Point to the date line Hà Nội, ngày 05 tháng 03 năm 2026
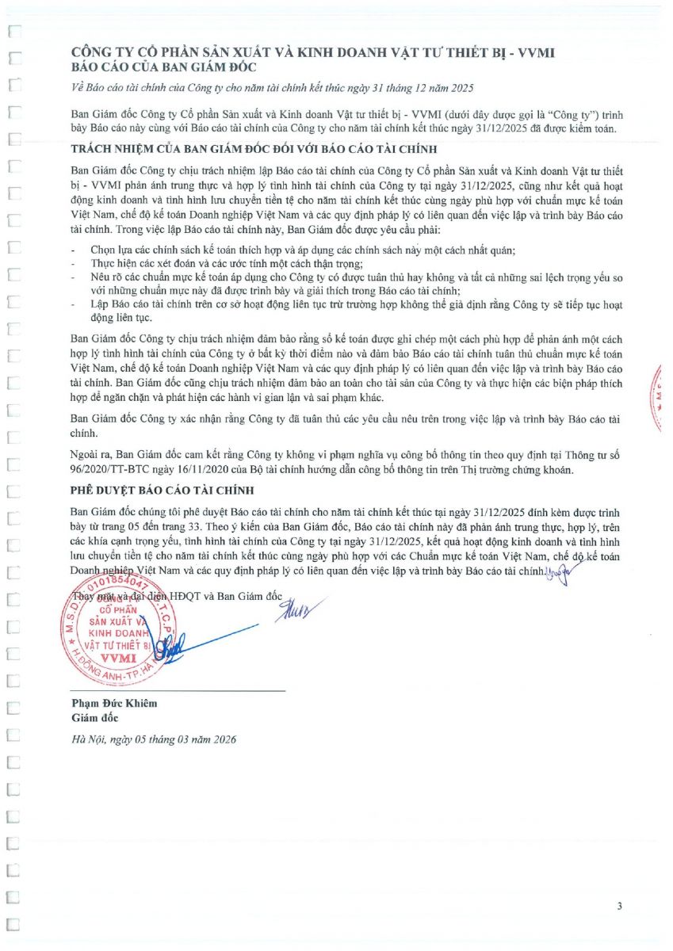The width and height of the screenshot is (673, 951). [x=153, y=739]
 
